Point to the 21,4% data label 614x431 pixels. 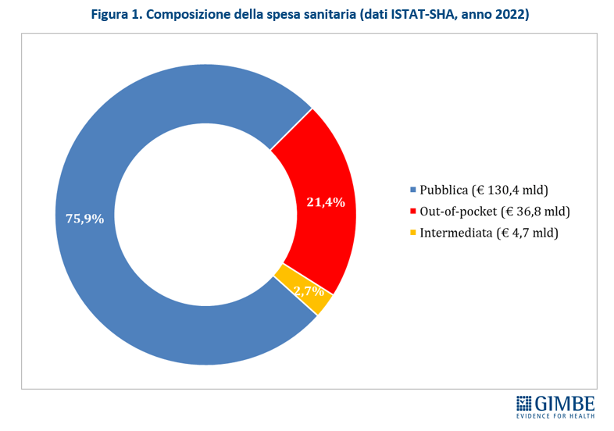tap(326, 202)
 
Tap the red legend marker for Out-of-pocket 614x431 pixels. tap(413, 212)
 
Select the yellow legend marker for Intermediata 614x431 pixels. tap(413, 233)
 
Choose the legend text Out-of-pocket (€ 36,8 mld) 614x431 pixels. tap(494, 212)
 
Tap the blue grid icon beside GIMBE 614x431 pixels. tap(524, 404)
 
